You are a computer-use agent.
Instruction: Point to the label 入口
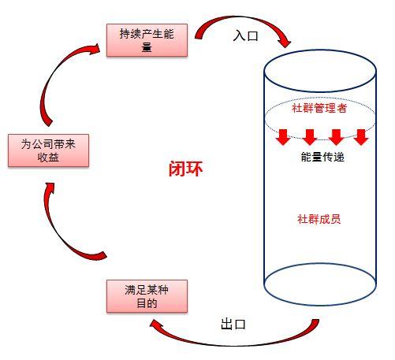[246, 35]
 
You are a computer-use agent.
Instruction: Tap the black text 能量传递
[322, 157]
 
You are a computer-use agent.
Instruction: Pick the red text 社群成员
[319, 218]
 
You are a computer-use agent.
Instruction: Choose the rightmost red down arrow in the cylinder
[362, 136]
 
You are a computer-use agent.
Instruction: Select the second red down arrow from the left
[310, 136]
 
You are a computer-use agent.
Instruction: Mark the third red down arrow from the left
[336, 136]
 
